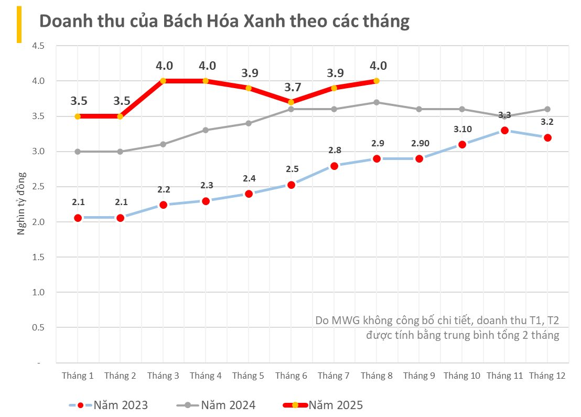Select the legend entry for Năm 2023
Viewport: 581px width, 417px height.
pos(108,405)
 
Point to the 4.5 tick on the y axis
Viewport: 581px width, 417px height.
pos(38,46)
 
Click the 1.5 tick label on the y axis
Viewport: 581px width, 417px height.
pos(38,257)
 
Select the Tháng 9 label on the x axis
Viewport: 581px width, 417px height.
pos(419,376)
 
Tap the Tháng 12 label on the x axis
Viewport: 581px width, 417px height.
pos(547,376)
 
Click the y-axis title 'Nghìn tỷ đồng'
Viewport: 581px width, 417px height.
pos(22,202)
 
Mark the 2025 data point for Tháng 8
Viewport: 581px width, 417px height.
pos(376,81)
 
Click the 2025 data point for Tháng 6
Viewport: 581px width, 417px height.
pos(291,102)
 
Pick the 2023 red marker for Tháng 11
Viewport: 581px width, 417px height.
pos(504,130)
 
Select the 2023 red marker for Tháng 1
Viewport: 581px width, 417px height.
pos(78,218)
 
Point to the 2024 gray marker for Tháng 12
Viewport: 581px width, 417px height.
pos(547,109)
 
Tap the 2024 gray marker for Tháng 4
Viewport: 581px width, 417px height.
pos(206,130)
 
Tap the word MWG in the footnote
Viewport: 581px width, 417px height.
pos(346,320)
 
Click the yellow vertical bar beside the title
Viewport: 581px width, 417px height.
pos(19,24)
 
